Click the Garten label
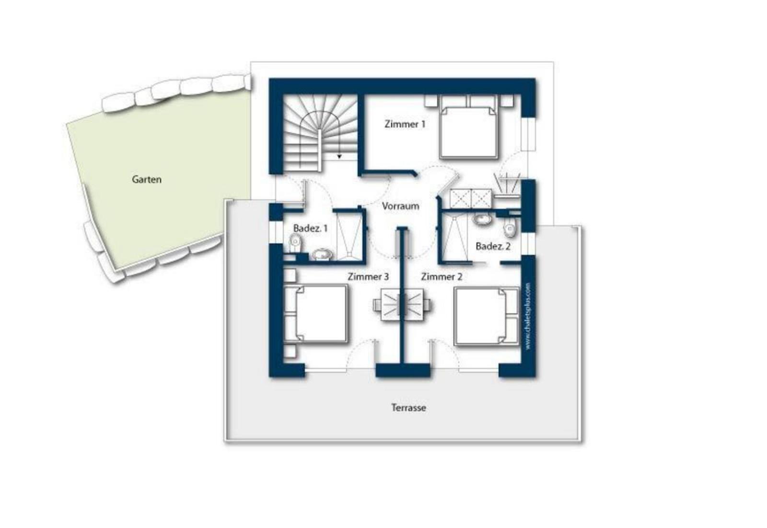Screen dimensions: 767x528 (x=147, y=179)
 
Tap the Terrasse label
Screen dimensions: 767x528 (x=408, y=408)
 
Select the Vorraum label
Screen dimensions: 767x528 (x=400, y=206)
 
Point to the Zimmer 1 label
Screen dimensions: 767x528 (x=405, y=124)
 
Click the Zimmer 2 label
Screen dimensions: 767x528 (x=442, y=276)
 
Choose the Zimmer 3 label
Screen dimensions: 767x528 (x=368, y=276)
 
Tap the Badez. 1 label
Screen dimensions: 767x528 (x=310, y=228)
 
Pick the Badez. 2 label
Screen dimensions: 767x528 (x=493, y=246)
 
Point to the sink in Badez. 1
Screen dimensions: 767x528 (x=323, y=254)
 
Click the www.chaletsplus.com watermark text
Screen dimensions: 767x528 (x=528, y=315)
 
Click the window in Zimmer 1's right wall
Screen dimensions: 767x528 (x=528, y=135)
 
